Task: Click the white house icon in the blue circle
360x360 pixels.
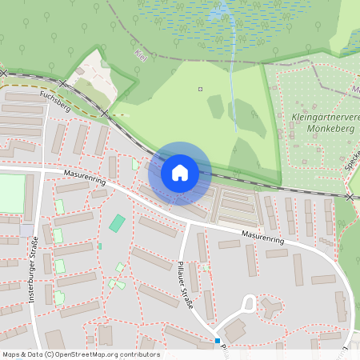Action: pyautogui.click(x=179, y=172)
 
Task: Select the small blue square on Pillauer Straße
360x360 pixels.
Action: pyautogui.click(x=217, y=341)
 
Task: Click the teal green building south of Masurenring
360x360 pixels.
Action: pyautogui.click(x=118, y=223)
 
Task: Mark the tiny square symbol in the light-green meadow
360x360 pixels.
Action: pyautogui.click(x=200, y=89)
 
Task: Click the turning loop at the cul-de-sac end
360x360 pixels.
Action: pyautogui.click(x=248, y=303)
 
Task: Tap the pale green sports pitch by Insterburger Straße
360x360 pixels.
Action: pyautogui.click(x=12, y=194)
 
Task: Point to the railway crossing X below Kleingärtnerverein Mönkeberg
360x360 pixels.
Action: pyautogui.click(x=350, y=196)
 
